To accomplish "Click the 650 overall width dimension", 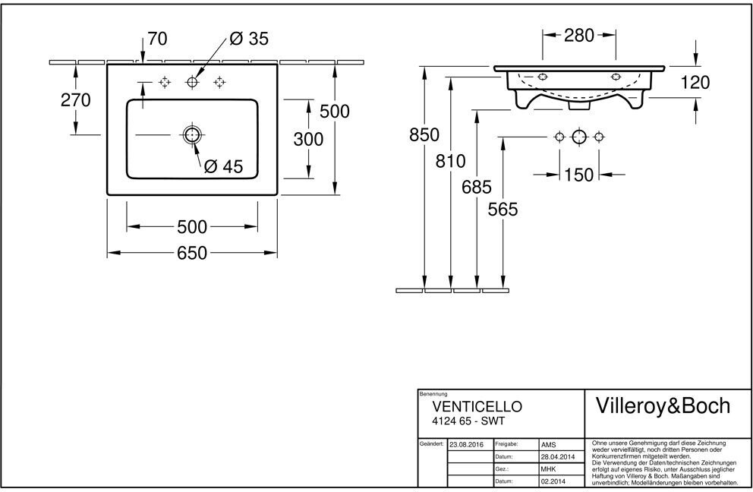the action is point(192,253).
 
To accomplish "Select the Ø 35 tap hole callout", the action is point(249,39).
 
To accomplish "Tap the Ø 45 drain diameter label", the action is point(224,166).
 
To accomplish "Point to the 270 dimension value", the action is point(75,100).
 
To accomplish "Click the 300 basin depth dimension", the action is point(308,140).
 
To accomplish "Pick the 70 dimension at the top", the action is point(158,39).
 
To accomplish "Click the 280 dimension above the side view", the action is point(579,35).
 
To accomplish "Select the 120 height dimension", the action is point(695,83).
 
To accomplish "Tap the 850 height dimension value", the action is point(424,135).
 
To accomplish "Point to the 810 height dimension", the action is point(450,161).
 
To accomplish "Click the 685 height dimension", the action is point(477,187).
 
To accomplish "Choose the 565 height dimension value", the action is point(503,210).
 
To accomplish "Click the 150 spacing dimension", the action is point(578,175).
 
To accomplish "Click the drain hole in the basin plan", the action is point(192,135).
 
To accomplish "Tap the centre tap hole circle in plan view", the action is point(192,82).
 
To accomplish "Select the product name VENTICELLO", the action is point(477,406).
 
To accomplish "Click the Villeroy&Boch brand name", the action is point(663,406).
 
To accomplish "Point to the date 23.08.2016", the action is point(466,445).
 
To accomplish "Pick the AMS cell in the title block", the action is point(548,445).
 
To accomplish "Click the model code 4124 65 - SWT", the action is point(468,421).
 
